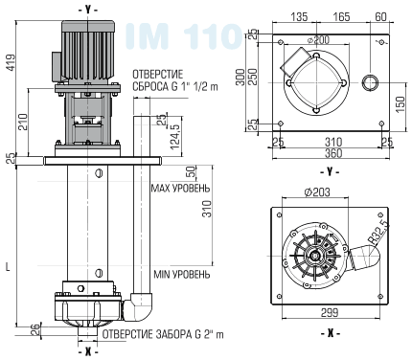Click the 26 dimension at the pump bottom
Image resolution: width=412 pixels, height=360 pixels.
click(34, 329)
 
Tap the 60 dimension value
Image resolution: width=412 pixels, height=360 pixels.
click(381, 16)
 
